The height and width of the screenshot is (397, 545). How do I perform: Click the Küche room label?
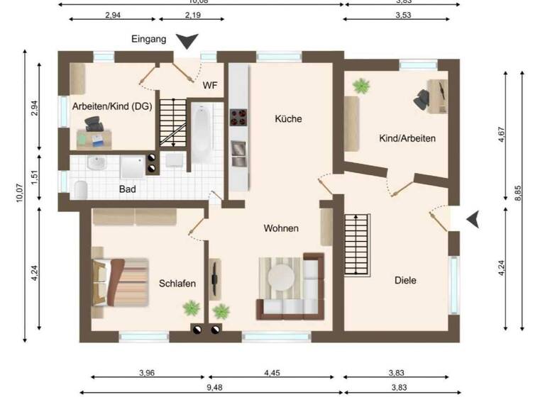click(288, 119)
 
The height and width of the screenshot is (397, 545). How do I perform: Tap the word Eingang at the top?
click(149, 40)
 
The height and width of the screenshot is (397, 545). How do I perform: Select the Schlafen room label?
click(177, 283)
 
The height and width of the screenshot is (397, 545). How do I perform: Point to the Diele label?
click(405, 280)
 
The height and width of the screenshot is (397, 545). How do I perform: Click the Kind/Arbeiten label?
click(407, 138)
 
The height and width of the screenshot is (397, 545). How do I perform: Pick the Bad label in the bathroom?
click(128, 190)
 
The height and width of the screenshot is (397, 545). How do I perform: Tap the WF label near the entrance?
click(210, 86)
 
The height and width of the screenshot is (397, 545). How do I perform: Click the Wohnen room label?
click(281, 228)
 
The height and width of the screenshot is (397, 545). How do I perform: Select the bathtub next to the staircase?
click(202, 135)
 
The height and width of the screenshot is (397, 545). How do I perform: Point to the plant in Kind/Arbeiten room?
click(362, 86)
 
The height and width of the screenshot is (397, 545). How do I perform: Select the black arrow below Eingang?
click(187, 42)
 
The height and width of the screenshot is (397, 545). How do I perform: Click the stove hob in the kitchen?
click(238, 117)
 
